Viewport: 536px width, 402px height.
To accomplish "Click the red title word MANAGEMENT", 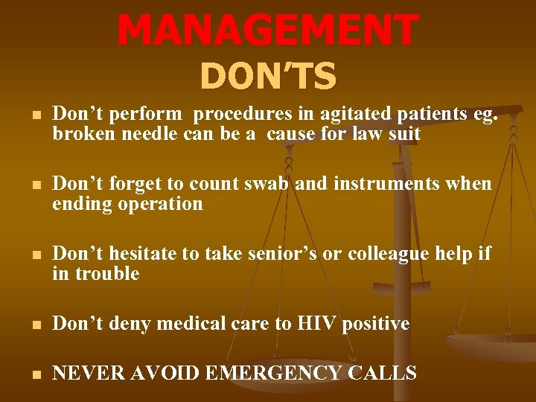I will coord(268,31).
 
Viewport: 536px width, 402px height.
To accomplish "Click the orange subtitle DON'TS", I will coord(268,76).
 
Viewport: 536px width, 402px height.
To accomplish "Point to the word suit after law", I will coord(405,134).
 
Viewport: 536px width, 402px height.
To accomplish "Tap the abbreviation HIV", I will coord(316,324).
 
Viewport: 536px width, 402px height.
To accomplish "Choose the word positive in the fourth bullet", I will coord(376,324).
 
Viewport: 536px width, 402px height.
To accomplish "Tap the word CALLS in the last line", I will coord(382,374).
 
